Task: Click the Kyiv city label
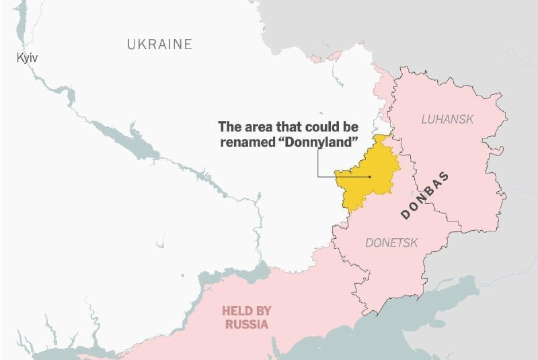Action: pyautogui.click(x=27, y=59)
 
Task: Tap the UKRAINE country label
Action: pyautogui.click(x=159, y=44)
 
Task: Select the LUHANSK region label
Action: pyautogui.click(x=447, y=119)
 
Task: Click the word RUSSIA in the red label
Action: pyautogui.click(x=247, y=324)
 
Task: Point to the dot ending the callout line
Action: pyautogui.click(x=369, y=177)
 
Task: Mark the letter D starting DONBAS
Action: pyautogui.click(x=405, y=215)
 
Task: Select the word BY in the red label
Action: pyautogui.click(x=263, y=311)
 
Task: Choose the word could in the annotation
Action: pyautogui.click(x=323, y=127)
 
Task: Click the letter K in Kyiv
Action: pyautogui.click(x=20, y=59)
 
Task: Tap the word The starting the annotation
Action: pyautogui.click(x=230, y=127)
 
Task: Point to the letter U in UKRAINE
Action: pyautogui.click(x=132, y=44)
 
